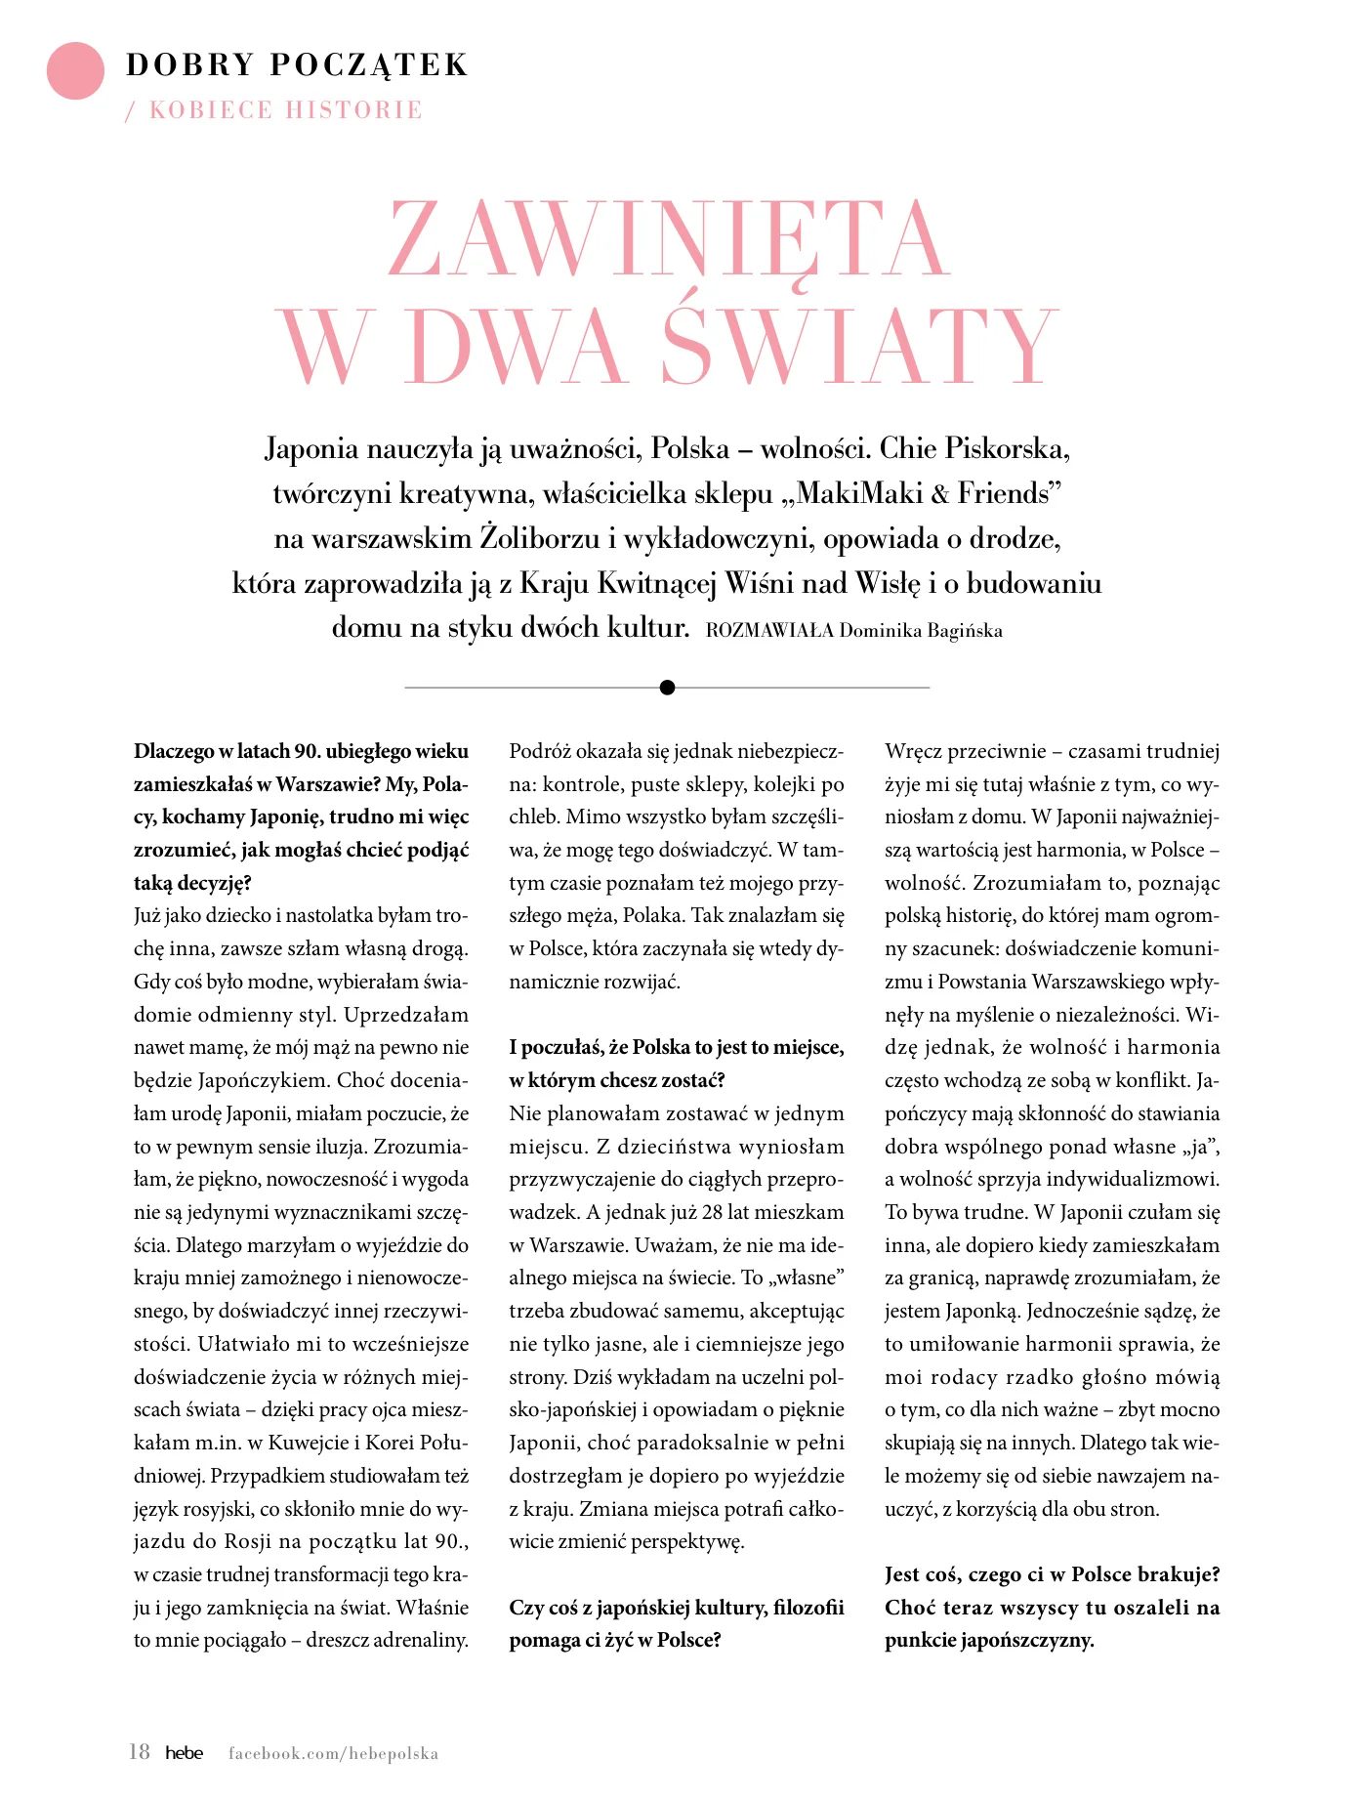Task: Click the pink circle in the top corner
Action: coord(75,71)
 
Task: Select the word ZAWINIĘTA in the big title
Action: coord(669,240)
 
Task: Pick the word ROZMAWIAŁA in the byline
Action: coord(769,631)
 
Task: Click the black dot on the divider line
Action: coord(668,688)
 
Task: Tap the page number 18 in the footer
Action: coord(140,1751)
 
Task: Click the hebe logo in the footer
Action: coord(184,1752)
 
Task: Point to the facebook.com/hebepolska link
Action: coord(333,1753)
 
